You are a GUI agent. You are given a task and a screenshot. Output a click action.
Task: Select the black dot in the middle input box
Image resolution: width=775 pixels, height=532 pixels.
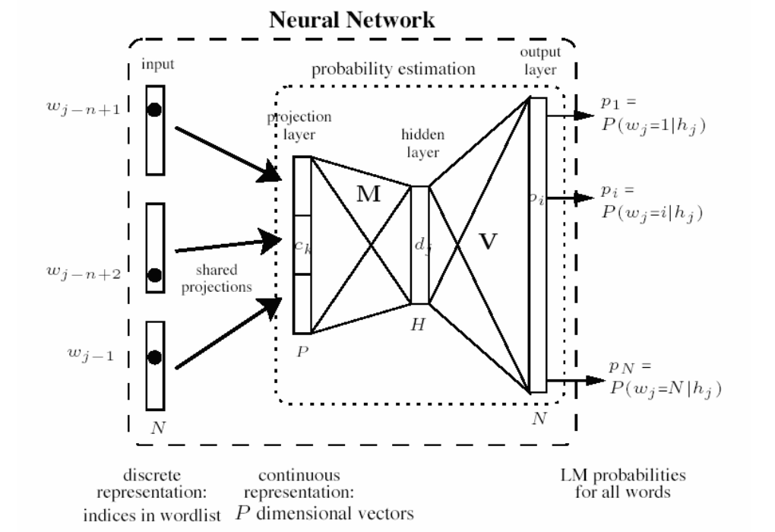[155, 274]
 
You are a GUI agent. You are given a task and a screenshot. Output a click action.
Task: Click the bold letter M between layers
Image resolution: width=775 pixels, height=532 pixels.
[370, 195]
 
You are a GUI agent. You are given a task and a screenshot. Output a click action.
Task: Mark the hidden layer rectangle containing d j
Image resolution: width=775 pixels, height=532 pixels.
[419, 245]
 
